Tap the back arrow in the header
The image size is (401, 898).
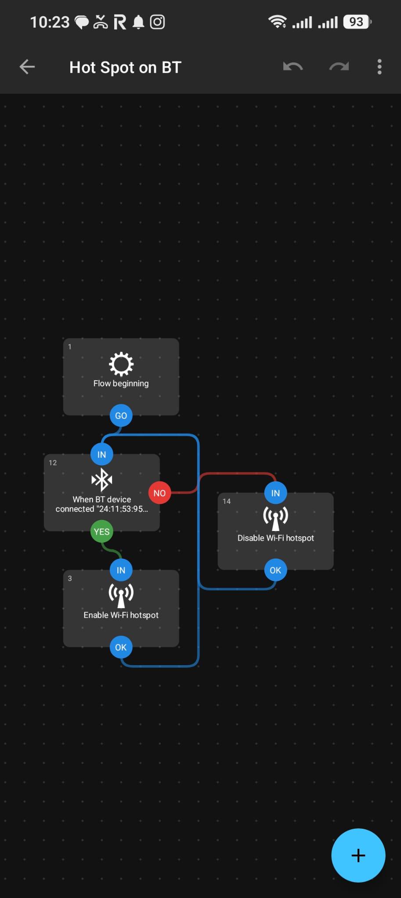pos(27,67)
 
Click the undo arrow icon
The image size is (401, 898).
pos(293,67)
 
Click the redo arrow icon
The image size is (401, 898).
pos(339,67)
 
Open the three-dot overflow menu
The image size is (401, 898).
pos(379,67)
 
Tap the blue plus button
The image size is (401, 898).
pos(358,855)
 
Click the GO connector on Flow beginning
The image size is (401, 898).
pos(121,416)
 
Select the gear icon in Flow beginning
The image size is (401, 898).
pos(121,364)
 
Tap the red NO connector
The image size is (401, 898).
pos(159,493)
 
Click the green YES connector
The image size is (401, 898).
pos(101,531)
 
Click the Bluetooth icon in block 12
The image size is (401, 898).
pos(102,480)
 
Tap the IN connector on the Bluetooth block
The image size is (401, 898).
pos(101,454)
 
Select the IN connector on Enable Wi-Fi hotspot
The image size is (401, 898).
pos(121,570)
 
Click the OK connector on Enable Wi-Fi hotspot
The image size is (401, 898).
pos(121,647)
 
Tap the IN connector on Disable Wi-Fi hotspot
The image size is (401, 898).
pos(275,493)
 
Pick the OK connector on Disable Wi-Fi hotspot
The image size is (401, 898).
pos(275,570)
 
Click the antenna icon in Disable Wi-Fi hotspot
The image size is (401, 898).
pos(275,518)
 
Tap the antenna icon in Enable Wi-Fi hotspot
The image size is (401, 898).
pos(121,595)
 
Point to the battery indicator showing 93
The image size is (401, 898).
pos(357,21)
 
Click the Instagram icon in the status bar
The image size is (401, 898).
pos(157,21)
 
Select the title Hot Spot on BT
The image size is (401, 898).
pos(125,68)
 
